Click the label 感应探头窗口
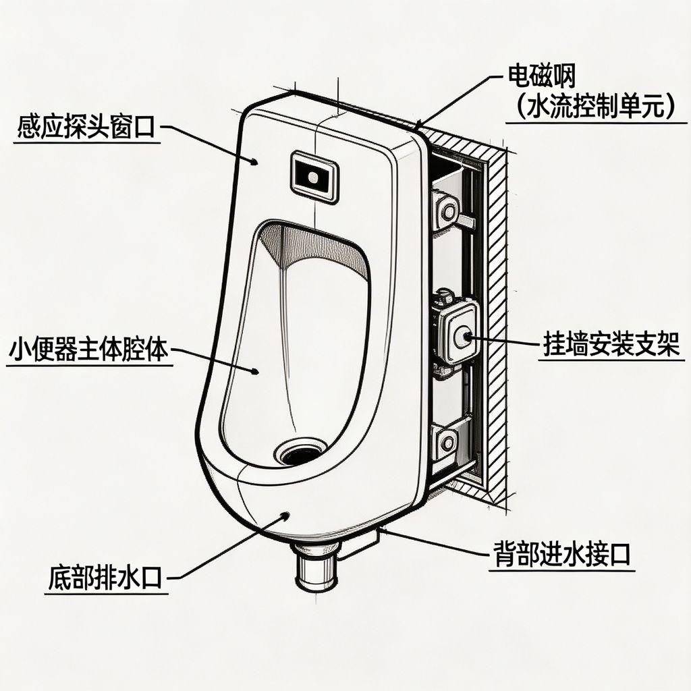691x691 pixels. [x=86, y=127]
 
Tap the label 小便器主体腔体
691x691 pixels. [x=88, y=351]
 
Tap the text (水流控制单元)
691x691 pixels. [x=593, y=108]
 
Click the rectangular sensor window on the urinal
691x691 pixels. [x=313, y=177]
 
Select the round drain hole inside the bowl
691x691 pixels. [x=301, y=452]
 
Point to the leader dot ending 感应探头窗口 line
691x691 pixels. [x=255, y=162]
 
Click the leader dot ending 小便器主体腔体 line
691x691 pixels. [x=256, y=372]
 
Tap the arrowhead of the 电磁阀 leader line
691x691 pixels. [x=419, y=125]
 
